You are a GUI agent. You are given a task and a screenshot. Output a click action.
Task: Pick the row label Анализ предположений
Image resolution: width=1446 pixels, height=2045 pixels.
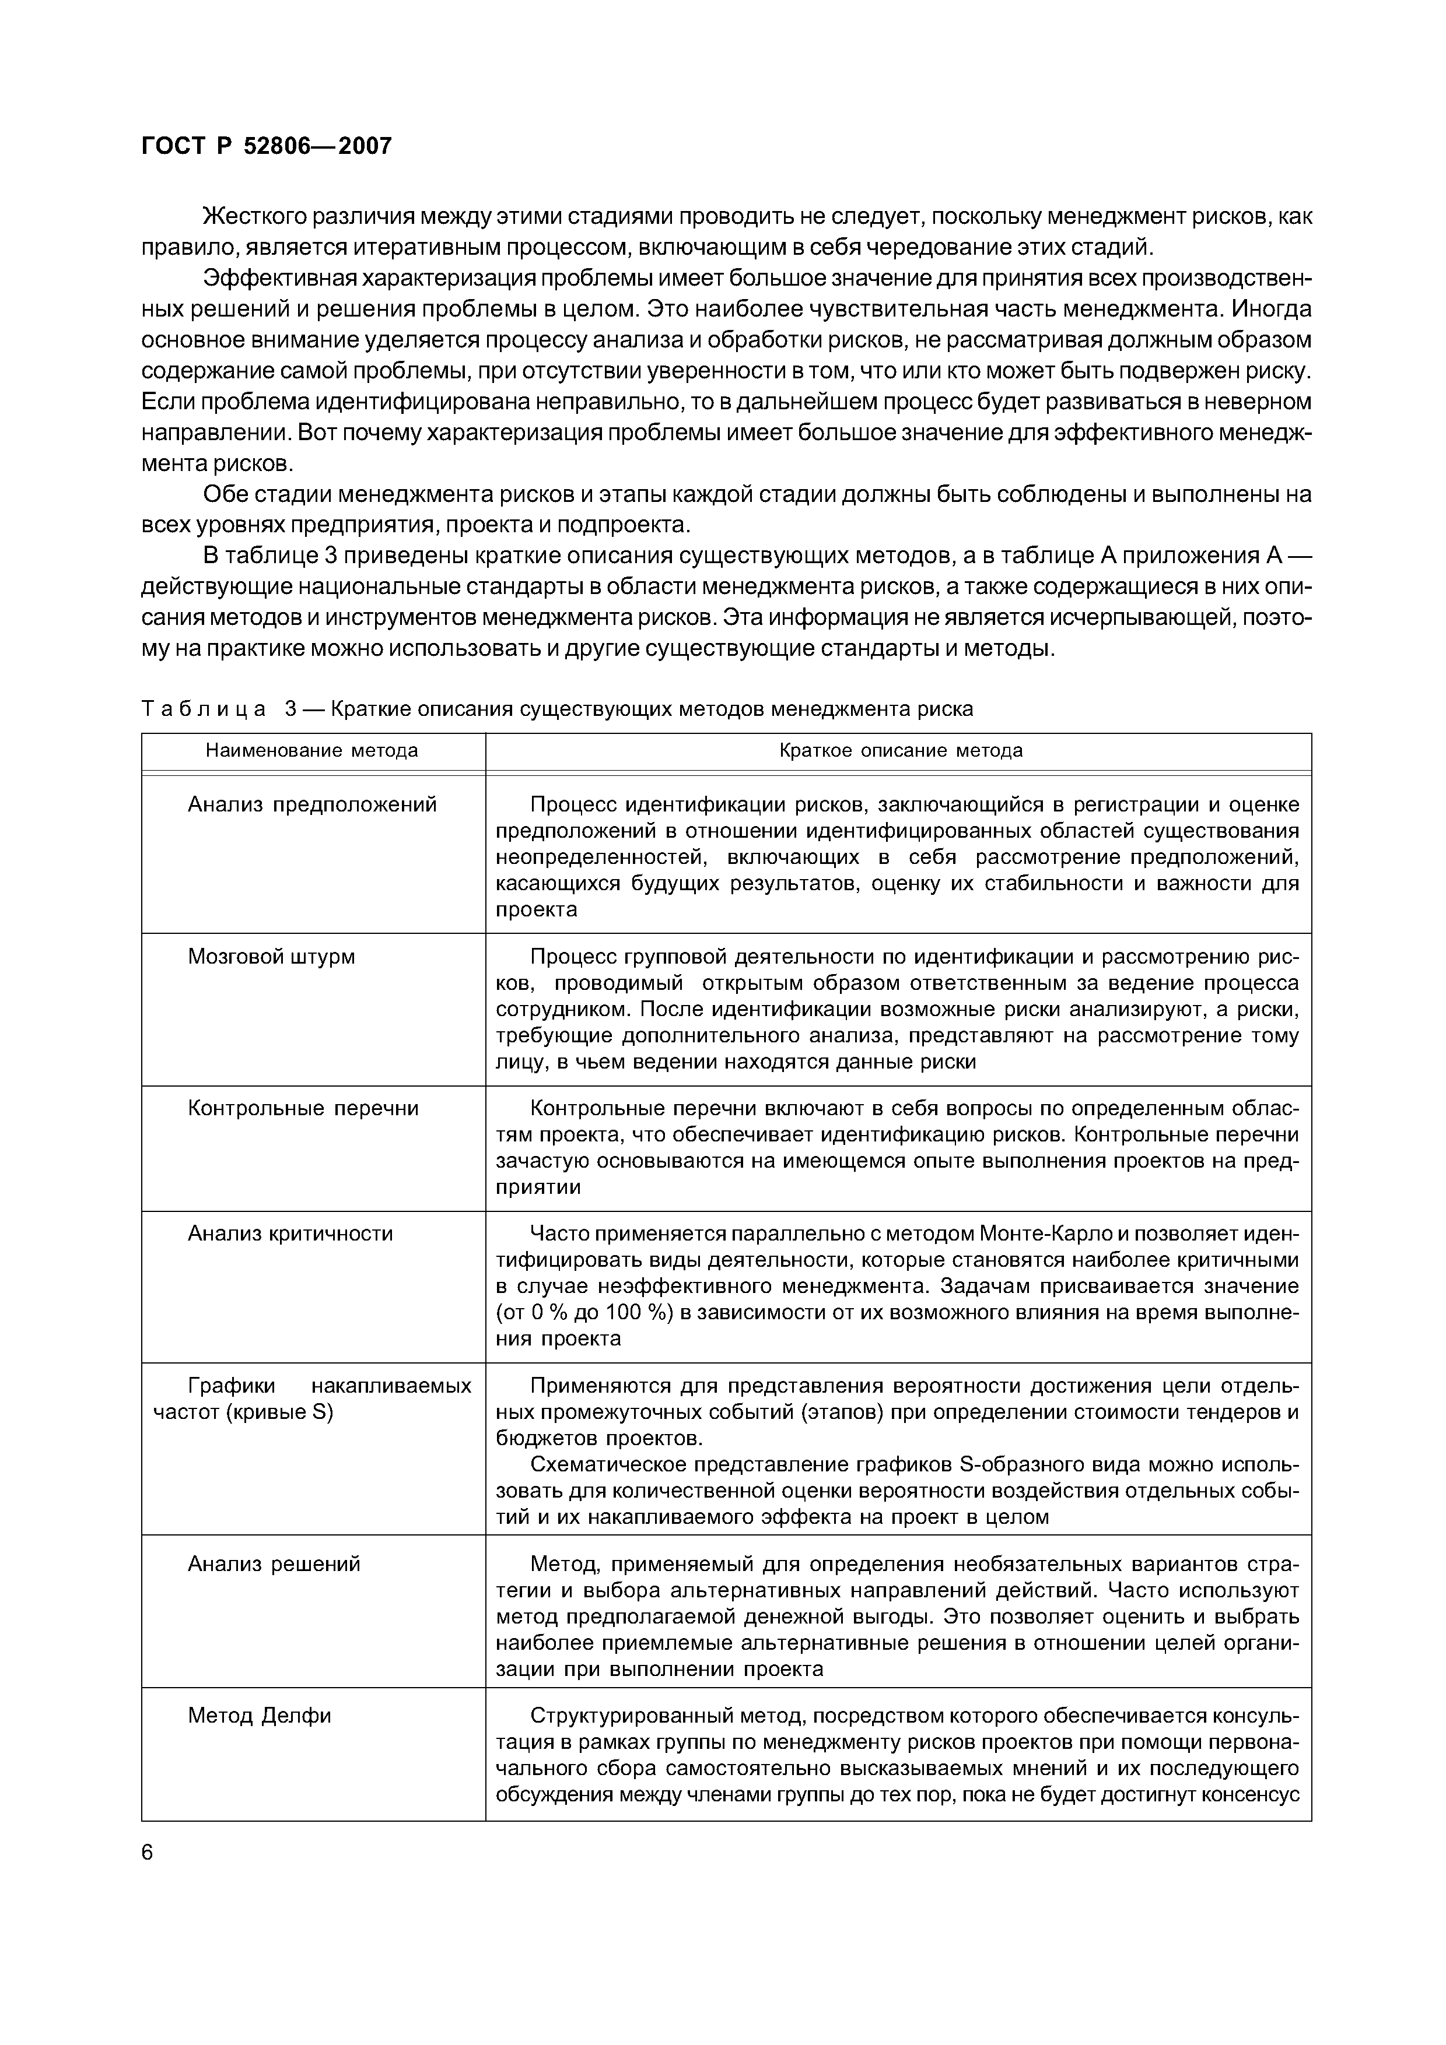312,805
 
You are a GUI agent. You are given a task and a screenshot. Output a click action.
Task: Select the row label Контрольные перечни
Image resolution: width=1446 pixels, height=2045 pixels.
303,1108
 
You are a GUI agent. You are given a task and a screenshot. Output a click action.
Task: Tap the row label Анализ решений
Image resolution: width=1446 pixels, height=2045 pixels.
274,1564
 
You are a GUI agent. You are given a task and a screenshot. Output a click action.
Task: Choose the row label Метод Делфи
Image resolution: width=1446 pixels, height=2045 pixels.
259,1716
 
